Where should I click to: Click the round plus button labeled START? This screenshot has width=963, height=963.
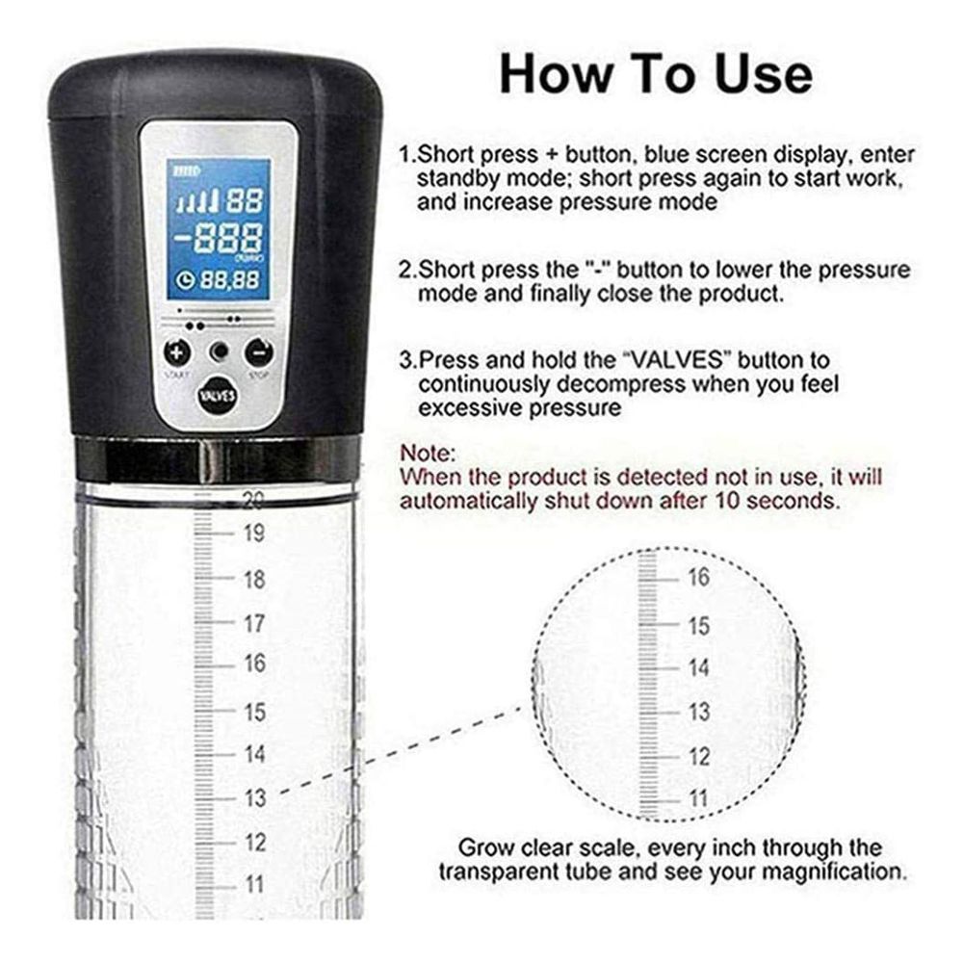[177, 352]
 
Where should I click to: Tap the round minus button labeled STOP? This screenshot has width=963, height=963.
[258, 352]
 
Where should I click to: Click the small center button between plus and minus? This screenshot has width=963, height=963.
[219, 351]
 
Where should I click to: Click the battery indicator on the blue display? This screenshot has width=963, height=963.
[185, 171]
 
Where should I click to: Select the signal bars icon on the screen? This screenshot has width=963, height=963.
[197, 201]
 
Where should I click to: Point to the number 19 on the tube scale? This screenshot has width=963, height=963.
[254, 534]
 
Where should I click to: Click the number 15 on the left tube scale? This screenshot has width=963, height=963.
[254, 712]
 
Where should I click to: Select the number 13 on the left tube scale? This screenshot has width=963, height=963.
[254, 798]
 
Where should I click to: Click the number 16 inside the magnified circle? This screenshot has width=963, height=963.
[699, 577]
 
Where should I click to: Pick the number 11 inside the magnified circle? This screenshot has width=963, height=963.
[699, 799]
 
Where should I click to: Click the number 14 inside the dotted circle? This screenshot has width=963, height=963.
[699, 667]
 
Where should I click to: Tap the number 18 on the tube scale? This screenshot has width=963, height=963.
[254, 579]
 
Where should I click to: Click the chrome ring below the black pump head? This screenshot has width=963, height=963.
[218, 458]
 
